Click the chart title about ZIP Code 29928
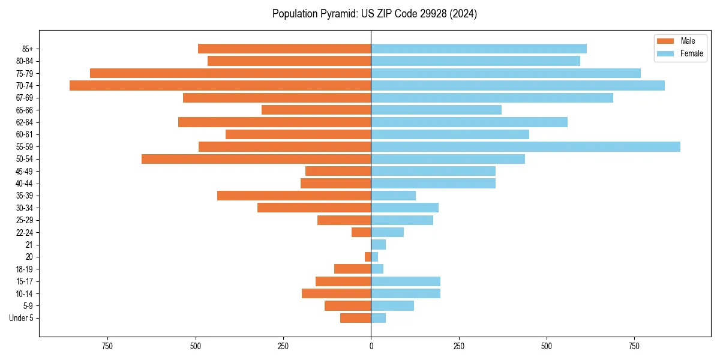[374, 14]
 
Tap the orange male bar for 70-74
[220, 85]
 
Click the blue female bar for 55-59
[526, 146]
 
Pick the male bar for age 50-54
[256, 159]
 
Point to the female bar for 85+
[479, 49]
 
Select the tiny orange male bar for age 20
[368, 257]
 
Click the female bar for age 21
[379, 245]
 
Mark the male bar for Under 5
[356, 318]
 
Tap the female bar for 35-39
[394, 196]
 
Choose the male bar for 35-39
[294, 196]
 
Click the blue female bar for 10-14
[406, 293]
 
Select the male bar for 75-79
[230, 73]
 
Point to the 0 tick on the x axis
[371, 346]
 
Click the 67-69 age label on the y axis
[25, 98]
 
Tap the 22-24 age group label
[25, 232]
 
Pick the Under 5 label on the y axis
[21, 318]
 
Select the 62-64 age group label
[25, 122]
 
